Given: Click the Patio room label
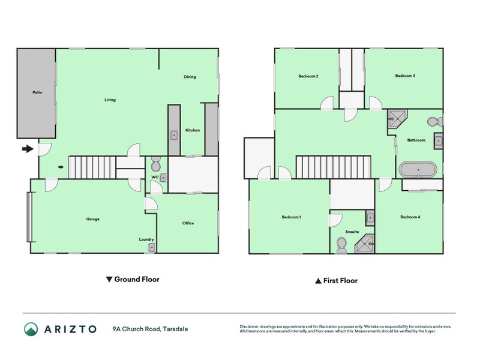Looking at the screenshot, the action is point(37,92).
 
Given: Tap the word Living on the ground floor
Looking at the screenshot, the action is point(110,100).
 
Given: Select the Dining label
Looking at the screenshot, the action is point(190,77).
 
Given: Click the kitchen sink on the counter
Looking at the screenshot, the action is point(174,135).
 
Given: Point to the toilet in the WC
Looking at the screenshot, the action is point(156,164).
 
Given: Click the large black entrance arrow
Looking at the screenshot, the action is point(28,149).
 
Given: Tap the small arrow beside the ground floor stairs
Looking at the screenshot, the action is point(61,167).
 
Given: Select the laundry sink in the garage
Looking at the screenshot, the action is point(152,247).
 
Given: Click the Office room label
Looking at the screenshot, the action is point(188,223).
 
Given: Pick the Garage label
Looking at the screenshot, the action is point(93,219).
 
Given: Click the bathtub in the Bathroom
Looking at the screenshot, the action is point(418,170).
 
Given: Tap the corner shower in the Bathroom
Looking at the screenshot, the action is point(397,119).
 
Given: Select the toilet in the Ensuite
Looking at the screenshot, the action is point(341,245).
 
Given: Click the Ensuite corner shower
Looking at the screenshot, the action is point(365,244).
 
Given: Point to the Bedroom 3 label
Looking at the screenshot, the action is point(405,76).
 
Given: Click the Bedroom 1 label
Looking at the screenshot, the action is point(292,217).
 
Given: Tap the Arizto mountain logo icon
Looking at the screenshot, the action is point(31,329).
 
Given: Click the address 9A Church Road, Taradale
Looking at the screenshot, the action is point(150,329).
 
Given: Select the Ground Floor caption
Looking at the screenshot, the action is point(133,279).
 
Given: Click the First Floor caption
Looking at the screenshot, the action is point(337,280).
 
